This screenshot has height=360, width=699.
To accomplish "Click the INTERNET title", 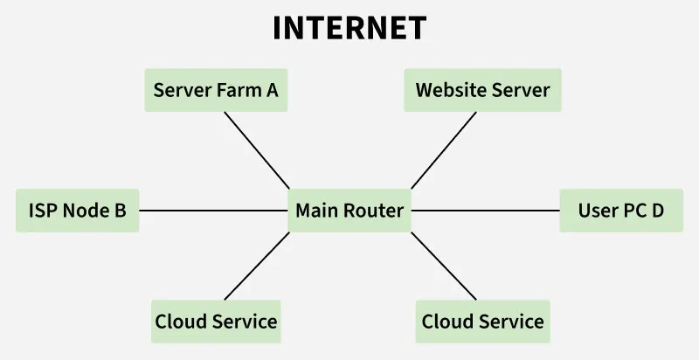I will coord(349,28).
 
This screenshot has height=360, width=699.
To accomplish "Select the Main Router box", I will coord(349,211).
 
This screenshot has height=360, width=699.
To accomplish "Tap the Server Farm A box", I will coord(216,90).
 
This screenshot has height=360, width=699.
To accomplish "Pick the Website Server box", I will coord(482,90).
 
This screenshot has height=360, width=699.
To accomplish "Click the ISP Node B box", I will coord(78,211).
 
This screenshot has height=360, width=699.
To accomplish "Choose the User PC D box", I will coord(621,211).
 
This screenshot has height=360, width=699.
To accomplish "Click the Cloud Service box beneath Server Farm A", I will coord(216,322).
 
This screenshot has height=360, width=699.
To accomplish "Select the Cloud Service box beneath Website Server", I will coord(482,322).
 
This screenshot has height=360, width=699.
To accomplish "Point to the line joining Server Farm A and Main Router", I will coord(257,150).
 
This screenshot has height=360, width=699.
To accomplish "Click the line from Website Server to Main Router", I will coord(444,150).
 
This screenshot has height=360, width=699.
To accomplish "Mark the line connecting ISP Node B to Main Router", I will coord(214,211).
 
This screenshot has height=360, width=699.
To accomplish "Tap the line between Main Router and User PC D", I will coord(485,211).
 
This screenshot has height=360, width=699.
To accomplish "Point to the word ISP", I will coord(43,211).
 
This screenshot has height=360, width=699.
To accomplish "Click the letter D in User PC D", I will coord(658,211).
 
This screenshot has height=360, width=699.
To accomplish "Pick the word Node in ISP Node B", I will coord(84,211).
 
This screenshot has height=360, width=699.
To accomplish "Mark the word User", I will coord(598,211).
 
